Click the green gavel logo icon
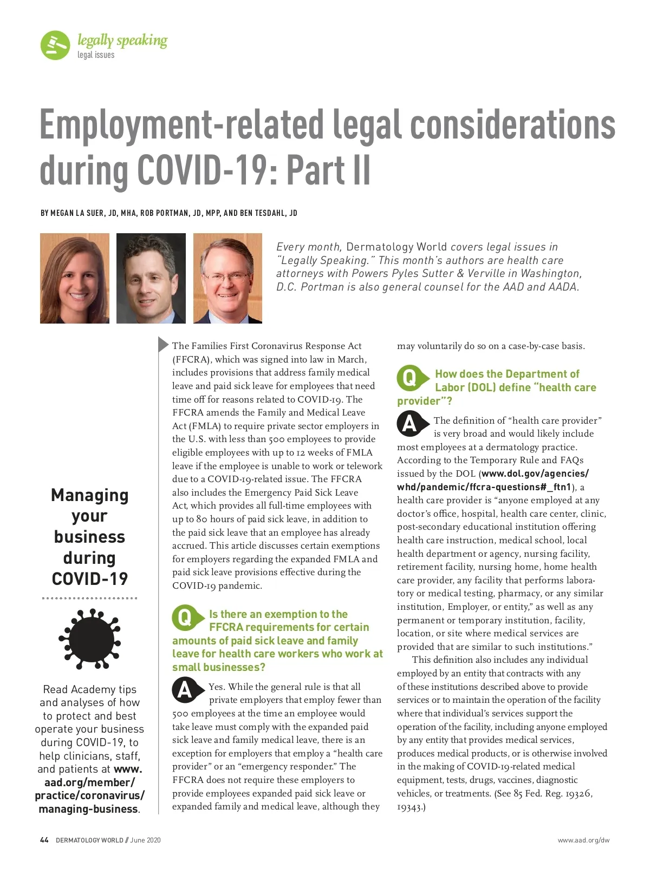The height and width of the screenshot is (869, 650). point(55,45)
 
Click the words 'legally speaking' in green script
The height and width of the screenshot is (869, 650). point(122,41)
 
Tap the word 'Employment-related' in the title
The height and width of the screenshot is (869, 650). point(181,124)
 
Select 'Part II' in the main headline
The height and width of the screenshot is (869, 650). point(328,170)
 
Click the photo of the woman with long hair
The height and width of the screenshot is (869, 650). point(75,278)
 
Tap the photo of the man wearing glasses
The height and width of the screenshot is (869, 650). point(227,278)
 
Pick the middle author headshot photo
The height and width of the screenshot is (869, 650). point(151,278)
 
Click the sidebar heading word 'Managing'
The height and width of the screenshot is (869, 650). point(90,495)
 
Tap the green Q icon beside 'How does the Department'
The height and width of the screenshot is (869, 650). point(409,378)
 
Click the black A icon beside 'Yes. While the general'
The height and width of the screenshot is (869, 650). point(185,690)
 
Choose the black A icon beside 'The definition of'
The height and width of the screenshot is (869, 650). point(409,424)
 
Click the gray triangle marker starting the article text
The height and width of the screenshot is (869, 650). point(163,344)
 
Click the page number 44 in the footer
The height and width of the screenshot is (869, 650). point(44,840)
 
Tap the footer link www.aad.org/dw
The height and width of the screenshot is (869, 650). point(583,840)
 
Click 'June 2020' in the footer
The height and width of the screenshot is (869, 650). point(146,840)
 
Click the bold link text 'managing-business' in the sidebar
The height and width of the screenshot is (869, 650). point(88,809)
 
